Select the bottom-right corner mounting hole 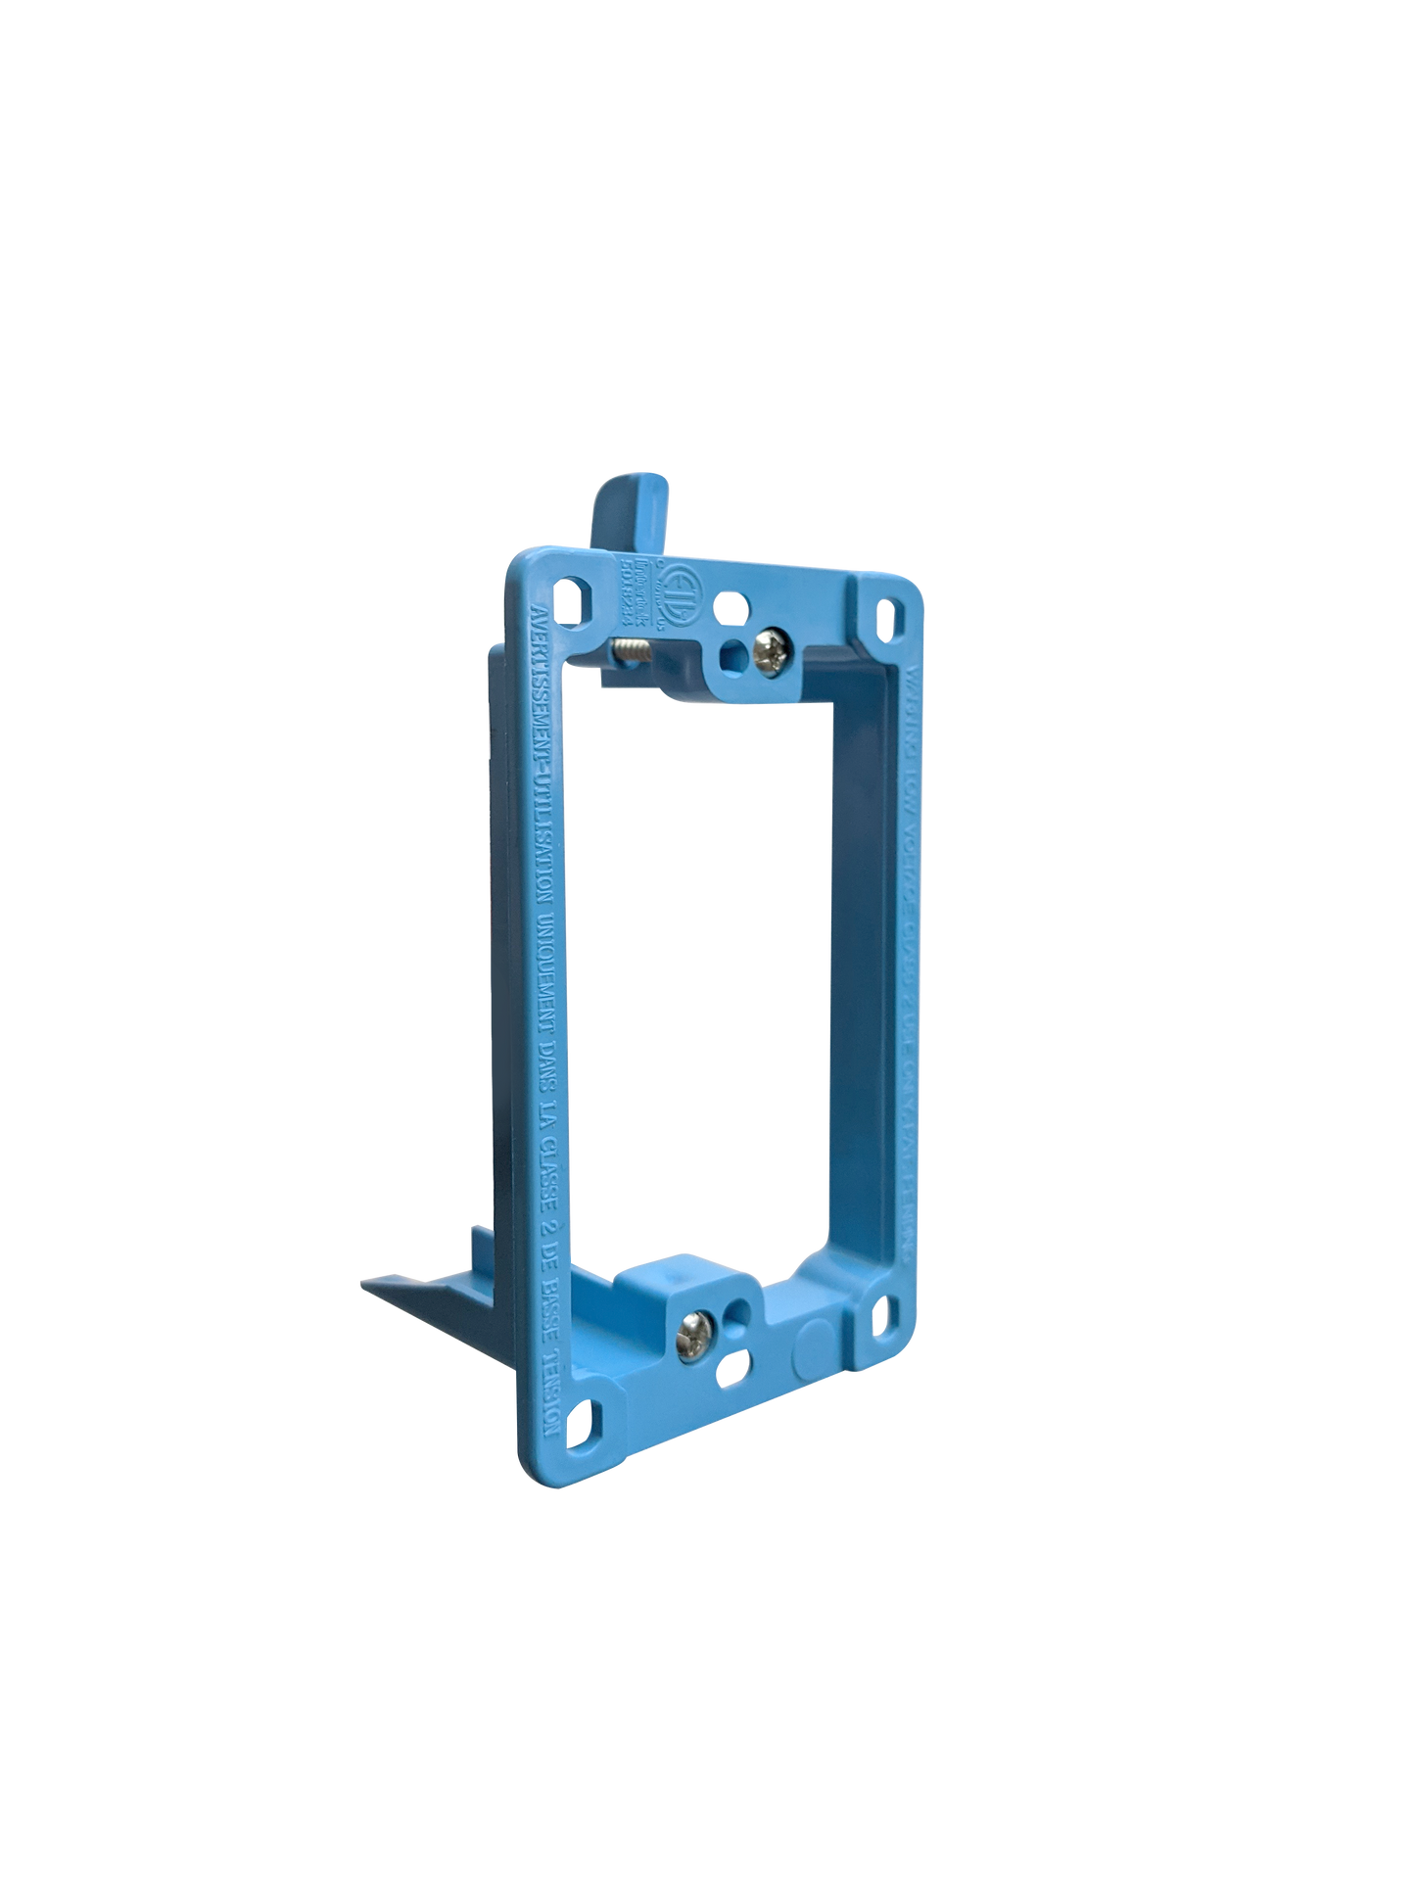pyautogui.click(x=880, y=1310)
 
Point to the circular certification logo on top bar pyautogui.click(x=662, y=590)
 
